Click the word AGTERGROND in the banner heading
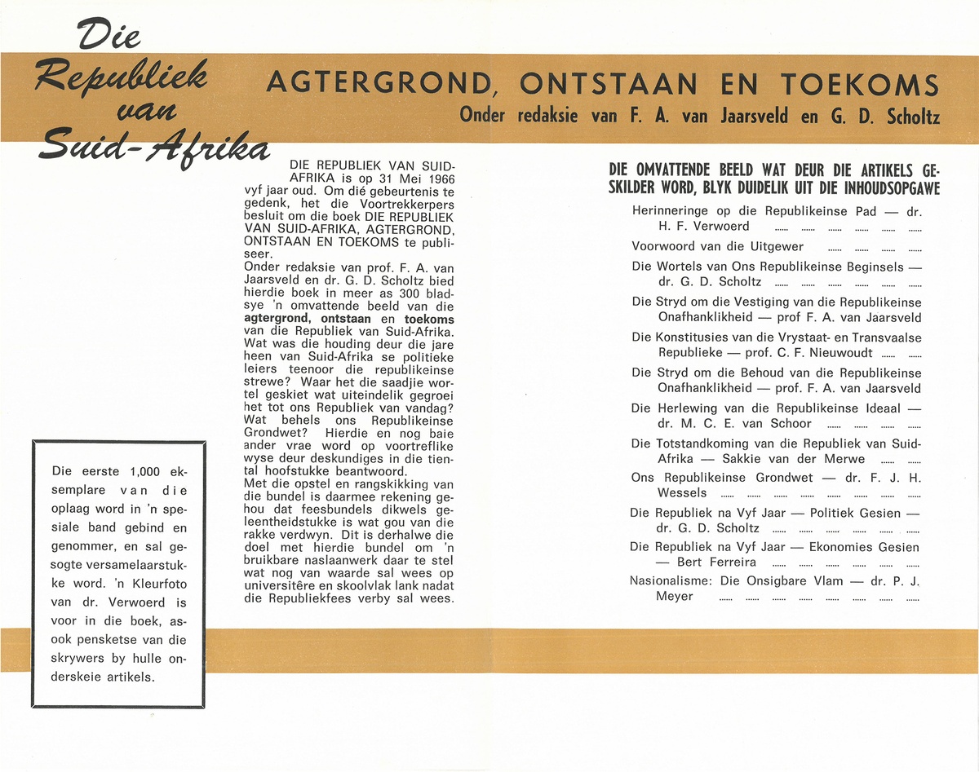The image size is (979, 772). pos(379,83)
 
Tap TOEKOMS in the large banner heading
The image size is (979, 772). pos(859,83)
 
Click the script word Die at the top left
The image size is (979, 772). pos(109,33)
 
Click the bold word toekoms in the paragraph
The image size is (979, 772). pos(429,320)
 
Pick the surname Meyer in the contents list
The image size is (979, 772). pos(676,597)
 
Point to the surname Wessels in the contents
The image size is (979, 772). pos(682,493)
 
